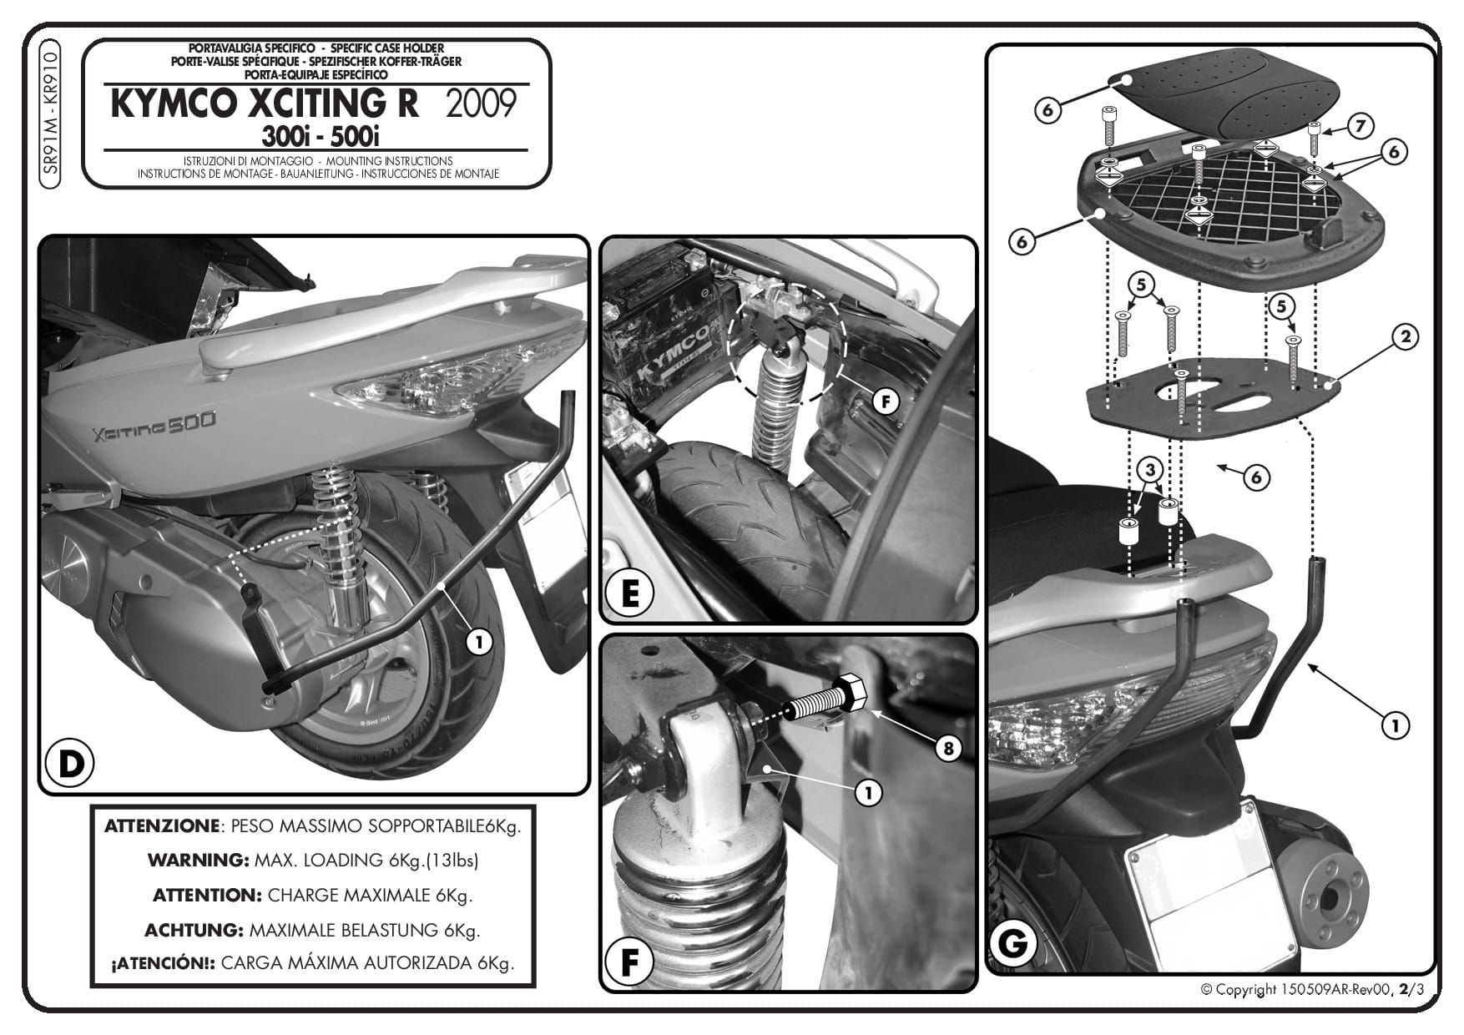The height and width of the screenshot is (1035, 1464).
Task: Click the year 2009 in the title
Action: pos(482,104)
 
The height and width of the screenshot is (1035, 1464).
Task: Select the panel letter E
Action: pos(630,595)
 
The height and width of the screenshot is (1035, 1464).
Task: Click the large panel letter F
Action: pos(629,963)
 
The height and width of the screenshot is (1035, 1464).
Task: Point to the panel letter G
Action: pos(1012,944)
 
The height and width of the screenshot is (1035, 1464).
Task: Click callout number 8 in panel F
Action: pos(947,748)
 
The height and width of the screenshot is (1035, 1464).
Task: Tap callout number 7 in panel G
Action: pos(1361,127)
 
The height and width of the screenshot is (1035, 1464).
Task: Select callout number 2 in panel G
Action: pos(1406,337)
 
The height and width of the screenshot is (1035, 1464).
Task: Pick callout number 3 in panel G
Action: pos(1150,470)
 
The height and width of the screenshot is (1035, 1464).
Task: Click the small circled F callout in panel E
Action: pos(885,402)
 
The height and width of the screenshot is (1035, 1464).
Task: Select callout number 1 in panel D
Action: pos(478,642)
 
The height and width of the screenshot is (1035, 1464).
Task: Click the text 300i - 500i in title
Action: pos(321,136)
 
